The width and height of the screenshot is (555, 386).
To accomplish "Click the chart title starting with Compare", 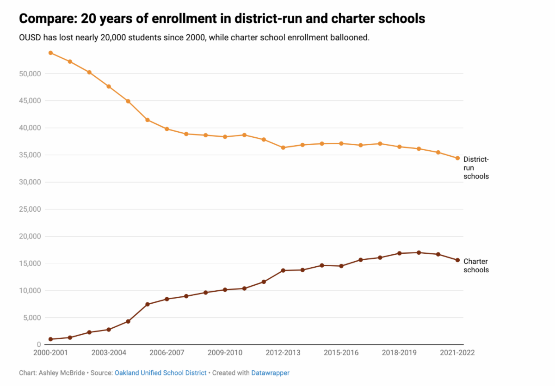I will click(x=222, y=19).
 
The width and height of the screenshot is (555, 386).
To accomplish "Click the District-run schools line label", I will click(x=476, y=167).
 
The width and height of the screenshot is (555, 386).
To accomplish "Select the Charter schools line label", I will click(x=476, y=265).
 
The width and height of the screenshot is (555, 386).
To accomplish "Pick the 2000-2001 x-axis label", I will click(x=50, y=352).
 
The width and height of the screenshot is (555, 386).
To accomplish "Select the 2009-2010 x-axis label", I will click(x=225, y=352).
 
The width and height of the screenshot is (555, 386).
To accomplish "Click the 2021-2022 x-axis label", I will click(x=457, y=352).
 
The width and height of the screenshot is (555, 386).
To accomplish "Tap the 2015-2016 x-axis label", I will click(x=341, y=352).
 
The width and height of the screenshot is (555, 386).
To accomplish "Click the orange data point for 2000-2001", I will click(x=50, y=53).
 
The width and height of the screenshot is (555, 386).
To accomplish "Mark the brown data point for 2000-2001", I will click(x=50, y=339).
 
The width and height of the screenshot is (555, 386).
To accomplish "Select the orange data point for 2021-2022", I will click(x=457, y=158).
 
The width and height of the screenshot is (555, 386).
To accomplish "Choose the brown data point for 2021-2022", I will click(x=457, y=260).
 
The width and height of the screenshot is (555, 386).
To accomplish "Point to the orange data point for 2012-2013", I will click(x=283, y=147).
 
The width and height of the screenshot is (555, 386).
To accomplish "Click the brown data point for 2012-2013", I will click(x=283, y=270).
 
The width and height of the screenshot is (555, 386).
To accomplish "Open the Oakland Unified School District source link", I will click(x=160, y=373).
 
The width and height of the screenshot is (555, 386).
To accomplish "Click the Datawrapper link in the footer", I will click(x=270, y=373).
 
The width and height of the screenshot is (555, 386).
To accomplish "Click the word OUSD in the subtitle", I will click(x=31, y=37).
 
